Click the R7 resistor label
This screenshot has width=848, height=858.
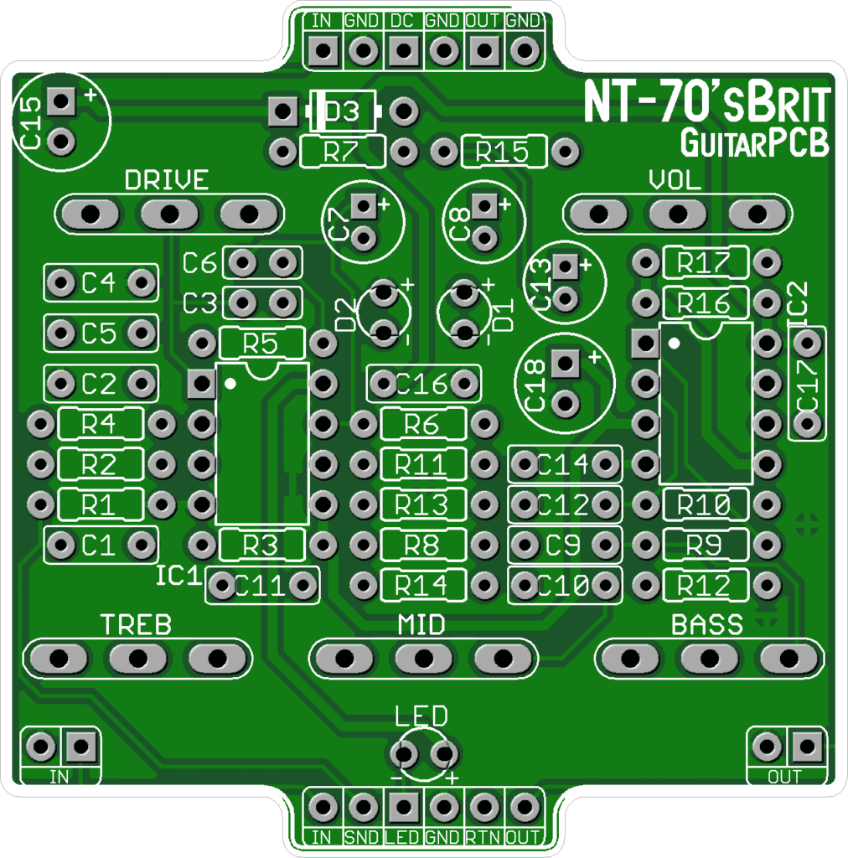coord(341,152)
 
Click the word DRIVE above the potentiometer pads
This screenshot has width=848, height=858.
coord(166,180)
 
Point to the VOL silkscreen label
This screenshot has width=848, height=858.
coord(676,180)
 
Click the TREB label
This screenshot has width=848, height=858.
coord(137,625)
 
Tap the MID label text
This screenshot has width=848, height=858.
coord(421,625)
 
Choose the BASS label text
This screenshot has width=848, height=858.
coord(707,625)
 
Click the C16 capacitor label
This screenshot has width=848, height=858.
coord(421,385)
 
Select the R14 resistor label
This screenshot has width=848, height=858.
coord(421,585)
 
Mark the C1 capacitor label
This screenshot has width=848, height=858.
coord(99,546)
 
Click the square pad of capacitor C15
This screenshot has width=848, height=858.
coord(60,102)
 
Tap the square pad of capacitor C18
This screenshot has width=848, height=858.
coord(566,364)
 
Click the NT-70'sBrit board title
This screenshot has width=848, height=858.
coord(706,105)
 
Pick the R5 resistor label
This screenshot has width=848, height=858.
coord(261,343)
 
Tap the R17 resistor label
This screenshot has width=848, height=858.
coord(705,263)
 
